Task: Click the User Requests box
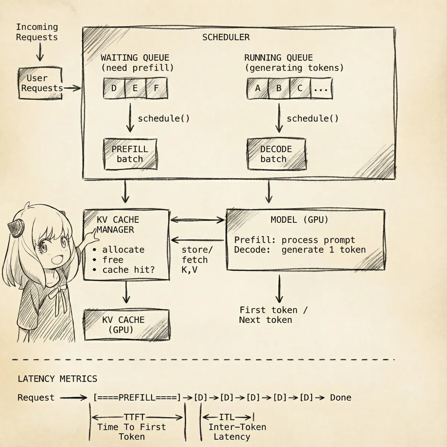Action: (40, 83)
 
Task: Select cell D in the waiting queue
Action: (114, 88)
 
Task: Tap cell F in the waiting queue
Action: (156, 88)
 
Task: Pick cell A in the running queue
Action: (258, 89)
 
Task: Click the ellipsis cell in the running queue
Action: (321, 89)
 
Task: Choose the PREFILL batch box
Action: (130, 154)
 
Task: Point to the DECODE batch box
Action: (276, 154)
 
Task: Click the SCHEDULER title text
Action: (226, 37)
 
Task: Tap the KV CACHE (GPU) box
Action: (127, 325)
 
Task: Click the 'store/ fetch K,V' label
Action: (197, 260)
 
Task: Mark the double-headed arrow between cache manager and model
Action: (197, 220)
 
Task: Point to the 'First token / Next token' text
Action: (273, 315)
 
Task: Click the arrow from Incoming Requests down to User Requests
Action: (40, 52)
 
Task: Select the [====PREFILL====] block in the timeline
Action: (137, 397)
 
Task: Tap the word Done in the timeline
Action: (340, 397)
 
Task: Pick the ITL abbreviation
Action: (226, 417)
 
